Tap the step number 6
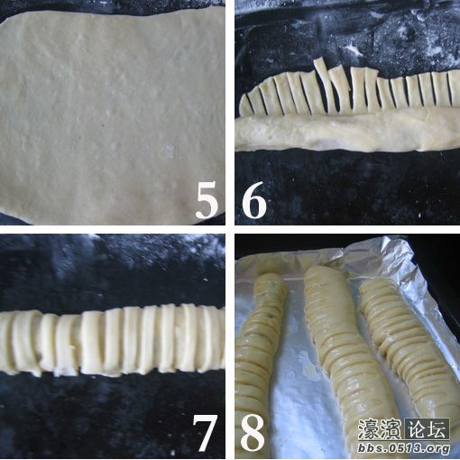coord(253,202)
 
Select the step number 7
coord(206,434)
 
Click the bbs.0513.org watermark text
coord(404,448)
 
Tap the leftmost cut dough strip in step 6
coord(246,105)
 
